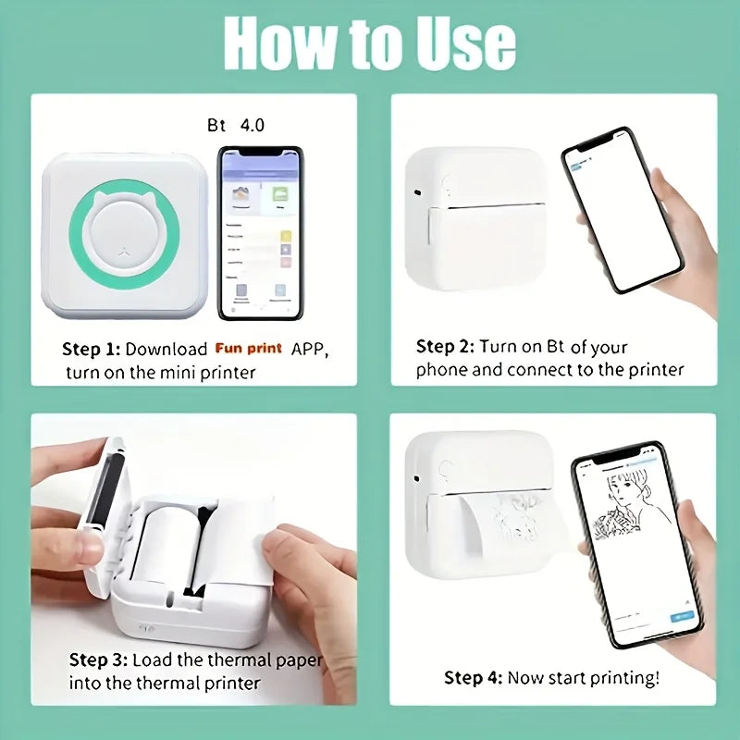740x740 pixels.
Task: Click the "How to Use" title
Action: (x=370, y=43)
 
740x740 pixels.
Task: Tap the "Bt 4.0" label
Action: (x=236, y=125)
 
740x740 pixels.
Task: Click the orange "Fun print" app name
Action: (x=250, y=349)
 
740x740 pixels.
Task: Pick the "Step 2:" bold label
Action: (x=445, y=347)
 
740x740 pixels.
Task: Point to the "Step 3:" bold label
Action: (x=99, y=660)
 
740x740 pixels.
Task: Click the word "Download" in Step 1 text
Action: (x=166, y=350)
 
